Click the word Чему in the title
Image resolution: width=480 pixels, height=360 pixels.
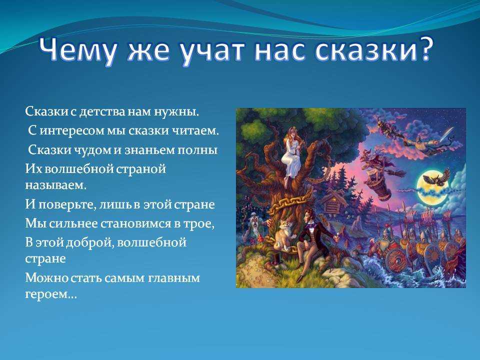coord(78,50)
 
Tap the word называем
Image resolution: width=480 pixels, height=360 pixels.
coord(55,185)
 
